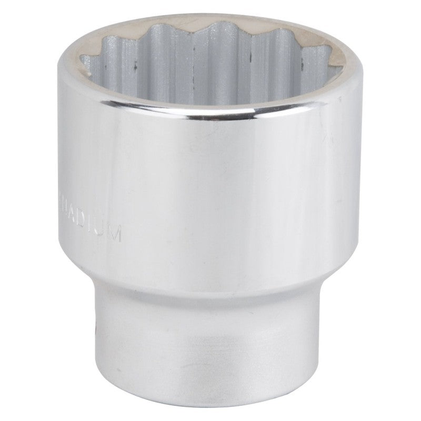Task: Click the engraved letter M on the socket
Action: click(116, 233)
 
